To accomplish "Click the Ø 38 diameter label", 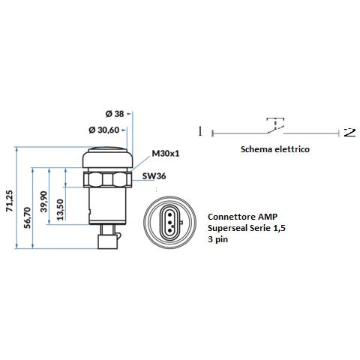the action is (115, 114).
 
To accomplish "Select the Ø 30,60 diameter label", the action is (104, 130).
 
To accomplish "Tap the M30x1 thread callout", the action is (166, 153).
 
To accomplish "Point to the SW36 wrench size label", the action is (154, 176).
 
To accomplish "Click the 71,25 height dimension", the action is (9, 201).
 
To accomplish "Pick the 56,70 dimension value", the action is (27, 217).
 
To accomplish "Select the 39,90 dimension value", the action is (43, 202).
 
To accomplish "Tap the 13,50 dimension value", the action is (60, 209).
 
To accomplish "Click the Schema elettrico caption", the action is (275, 149).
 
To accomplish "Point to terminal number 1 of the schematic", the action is (200, 131).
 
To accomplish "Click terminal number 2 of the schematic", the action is (349, 132).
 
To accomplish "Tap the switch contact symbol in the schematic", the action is (275, 126).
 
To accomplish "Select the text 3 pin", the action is (217, 239).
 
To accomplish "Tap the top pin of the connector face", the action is (169, 214).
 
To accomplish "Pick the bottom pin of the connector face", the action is (169, 230).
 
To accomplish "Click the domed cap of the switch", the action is (107, 157).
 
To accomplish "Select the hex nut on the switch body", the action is (107, 179).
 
